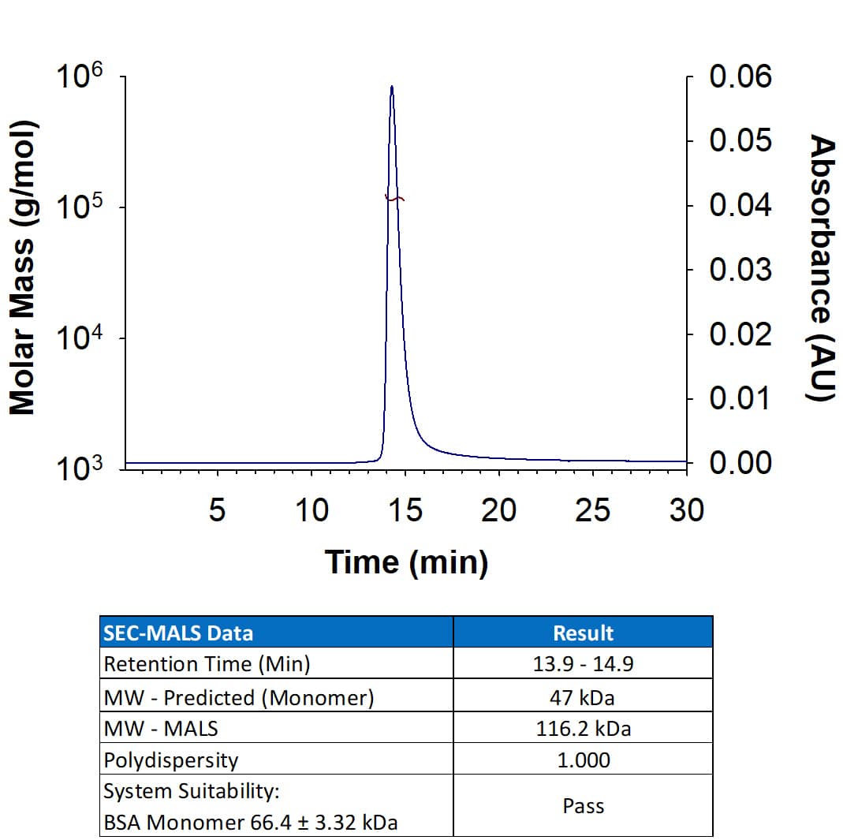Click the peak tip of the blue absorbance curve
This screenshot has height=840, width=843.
391,88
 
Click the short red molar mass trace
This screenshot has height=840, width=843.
394,198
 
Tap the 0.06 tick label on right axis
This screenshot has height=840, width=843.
740,77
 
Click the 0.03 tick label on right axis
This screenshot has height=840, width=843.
740,270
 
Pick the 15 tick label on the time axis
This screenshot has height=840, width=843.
405,511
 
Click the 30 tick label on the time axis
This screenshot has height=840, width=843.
686,511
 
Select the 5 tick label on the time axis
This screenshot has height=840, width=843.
217,511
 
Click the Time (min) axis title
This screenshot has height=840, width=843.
406,562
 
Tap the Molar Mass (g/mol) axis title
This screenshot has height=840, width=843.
23,268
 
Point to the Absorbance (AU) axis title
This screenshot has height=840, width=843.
822,268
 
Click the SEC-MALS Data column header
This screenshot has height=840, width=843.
178,633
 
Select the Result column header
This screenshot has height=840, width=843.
583,633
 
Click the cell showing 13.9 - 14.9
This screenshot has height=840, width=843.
583,664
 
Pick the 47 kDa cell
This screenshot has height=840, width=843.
583,697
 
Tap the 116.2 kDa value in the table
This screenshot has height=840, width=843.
583,729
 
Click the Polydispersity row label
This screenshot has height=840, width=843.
170,760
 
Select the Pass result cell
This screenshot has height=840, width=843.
583,806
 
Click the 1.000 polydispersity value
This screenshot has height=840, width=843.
583,760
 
